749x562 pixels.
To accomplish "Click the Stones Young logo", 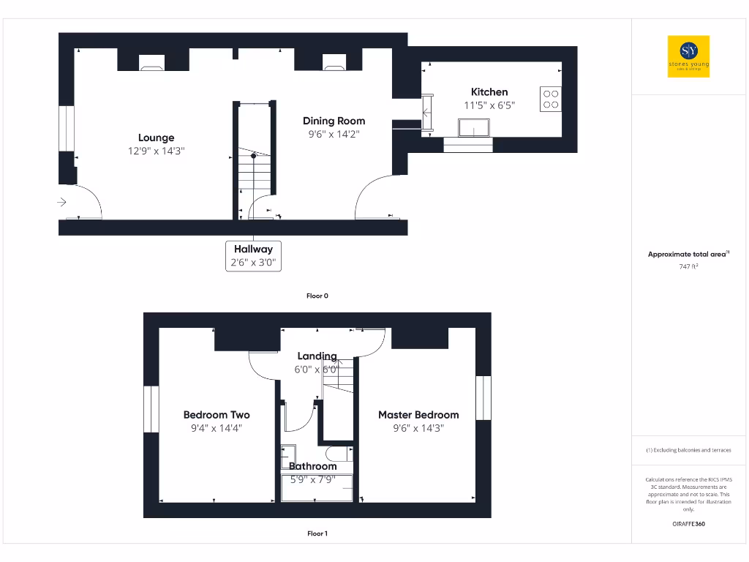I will pos(688,56).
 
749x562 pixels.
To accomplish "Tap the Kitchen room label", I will pos(489,92).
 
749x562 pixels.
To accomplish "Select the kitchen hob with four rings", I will pos(551,99).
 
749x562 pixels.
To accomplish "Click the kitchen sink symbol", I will pos(474,128).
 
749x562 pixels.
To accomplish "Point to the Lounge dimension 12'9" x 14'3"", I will pos(157,151).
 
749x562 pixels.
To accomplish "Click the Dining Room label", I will pos(334,121).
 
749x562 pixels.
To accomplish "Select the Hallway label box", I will pos(253,256).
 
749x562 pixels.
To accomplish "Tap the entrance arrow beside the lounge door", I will pos(62,202).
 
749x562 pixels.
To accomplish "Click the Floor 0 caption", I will pos(317,296).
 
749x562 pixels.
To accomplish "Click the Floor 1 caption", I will pos(317,533).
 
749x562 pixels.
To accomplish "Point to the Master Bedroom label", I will pos(418,415).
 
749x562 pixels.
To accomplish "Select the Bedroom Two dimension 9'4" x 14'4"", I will pos(217,429).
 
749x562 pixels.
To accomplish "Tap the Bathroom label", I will pos(313,466).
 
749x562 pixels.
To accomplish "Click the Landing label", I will pos(317,356).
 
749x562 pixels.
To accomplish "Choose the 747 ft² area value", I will pos(688,267).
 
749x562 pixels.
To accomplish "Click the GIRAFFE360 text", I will pos(688,524).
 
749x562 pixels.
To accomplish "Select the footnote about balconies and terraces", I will pos(688,450).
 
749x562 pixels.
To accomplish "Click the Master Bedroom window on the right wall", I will pos(483,398).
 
